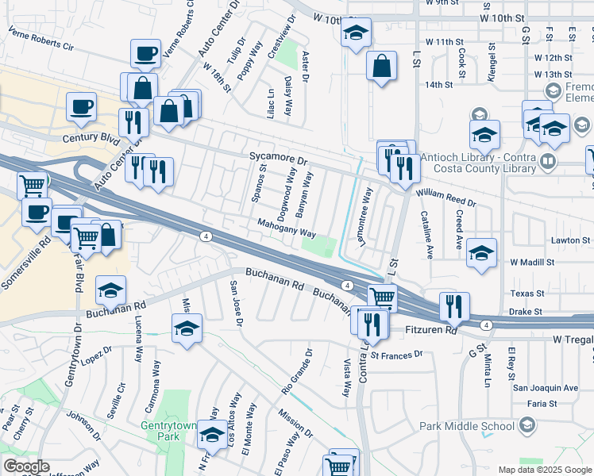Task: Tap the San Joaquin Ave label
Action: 546,388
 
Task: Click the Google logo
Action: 27,466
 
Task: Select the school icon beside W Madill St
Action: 481,253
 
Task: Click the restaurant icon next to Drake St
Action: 454,305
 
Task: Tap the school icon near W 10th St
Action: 356,33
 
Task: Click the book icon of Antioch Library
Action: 547,163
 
